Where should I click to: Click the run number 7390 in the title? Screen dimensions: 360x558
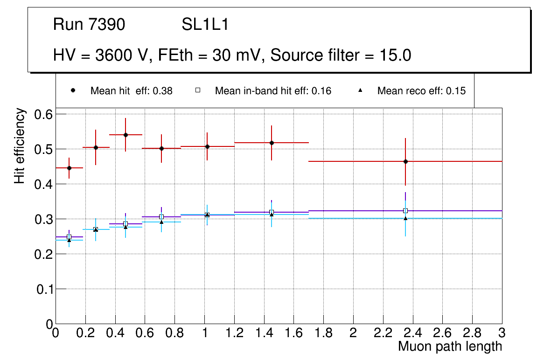coord(107,25)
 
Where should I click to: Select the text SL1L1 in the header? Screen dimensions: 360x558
coord(205,25)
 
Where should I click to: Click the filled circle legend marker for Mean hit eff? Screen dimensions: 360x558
coord(73,90)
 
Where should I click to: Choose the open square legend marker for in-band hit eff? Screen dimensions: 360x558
coord(197,90)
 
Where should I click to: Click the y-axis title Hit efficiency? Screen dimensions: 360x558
coord(20,146)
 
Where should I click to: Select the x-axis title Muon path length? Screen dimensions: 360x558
coord(450,346)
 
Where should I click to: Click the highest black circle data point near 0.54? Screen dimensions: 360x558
coord(126,135)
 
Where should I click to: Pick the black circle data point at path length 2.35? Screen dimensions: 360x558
coord(405,161)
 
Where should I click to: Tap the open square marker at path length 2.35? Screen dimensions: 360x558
coord(405,211)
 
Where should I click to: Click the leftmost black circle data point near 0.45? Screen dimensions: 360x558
coord(69,168)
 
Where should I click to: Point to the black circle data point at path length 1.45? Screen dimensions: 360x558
coord(272,143)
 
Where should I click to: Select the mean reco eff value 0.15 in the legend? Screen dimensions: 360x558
coord(456,91)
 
